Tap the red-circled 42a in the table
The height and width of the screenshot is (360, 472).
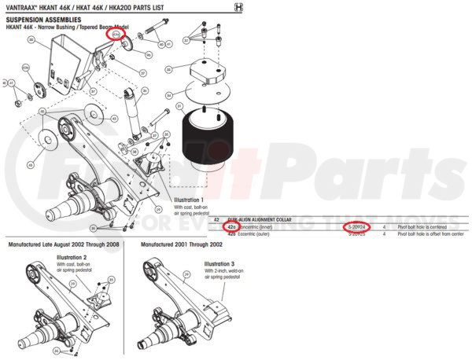[x=230, y=227]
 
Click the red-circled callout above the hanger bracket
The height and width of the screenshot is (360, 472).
[x=116, y=35]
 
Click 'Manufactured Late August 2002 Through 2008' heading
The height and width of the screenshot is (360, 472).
[x=61, y=244]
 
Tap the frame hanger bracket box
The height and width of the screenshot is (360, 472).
[x=66, y=59]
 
